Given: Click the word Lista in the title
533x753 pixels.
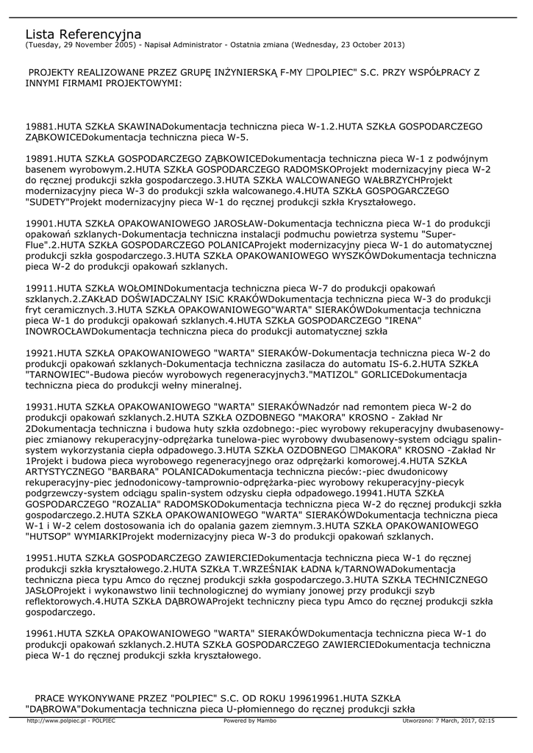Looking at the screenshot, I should pos(40,35).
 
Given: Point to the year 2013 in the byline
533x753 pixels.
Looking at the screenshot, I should pos(391,45).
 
